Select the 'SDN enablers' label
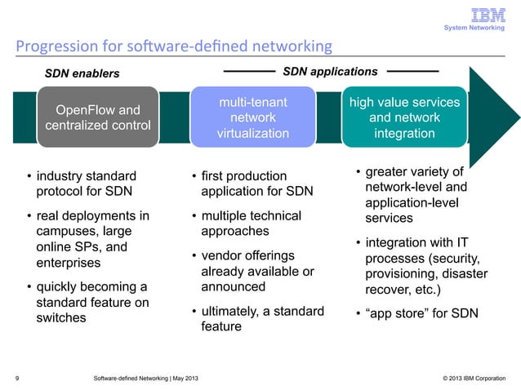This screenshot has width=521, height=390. coord(81,73)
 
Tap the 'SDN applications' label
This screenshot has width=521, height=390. coord(330,72)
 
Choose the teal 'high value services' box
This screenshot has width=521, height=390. coord(404,117)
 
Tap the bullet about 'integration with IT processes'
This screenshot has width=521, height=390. coord(417,265)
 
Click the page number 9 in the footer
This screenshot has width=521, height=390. coord(17,378)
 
